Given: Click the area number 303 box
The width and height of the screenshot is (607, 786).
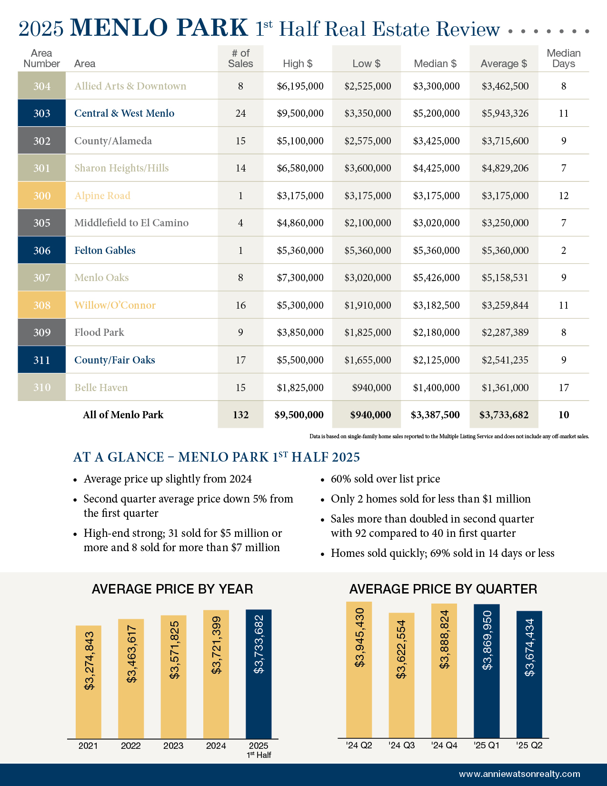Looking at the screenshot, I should tap(42, 113).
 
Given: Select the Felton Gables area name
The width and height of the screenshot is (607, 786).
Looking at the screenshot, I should tap(105, 251).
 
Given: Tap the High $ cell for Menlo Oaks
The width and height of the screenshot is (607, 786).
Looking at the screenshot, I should tap(300, 278).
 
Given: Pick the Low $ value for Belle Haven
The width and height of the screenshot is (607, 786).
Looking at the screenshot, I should tap(371, 388).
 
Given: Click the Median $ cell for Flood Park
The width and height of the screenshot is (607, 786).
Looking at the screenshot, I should tap(436, 333).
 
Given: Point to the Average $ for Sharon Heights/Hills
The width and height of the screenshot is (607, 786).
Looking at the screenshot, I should tap(505, 168).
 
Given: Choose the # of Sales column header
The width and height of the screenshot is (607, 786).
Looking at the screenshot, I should tap(240, 59).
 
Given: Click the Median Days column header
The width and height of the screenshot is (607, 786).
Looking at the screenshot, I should tap(564, 59).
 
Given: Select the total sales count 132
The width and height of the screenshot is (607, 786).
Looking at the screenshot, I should tap(240, 415).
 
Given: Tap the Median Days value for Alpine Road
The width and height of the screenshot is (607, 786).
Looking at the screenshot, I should tap(564, 196).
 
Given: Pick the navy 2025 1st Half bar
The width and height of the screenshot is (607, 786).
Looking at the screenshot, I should tap(259, 674).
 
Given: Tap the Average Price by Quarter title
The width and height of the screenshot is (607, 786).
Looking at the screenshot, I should tap(443, 589).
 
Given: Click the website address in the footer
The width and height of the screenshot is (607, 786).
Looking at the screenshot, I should tap(519, 774).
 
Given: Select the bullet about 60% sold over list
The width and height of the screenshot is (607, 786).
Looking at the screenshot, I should tap(385, 479).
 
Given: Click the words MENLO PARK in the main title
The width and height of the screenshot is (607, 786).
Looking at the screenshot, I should tap(159, 28).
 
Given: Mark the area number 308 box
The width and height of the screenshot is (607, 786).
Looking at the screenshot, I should tap(42, 305).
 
